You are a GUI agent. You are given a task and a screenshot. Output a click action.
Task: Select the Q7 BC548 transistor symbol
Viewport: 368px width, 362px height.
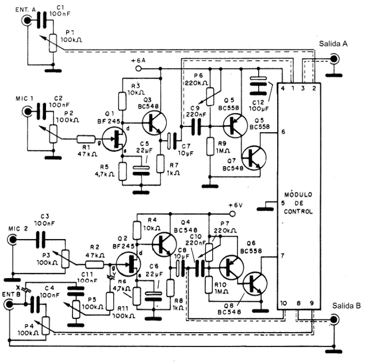[x=254, y=158]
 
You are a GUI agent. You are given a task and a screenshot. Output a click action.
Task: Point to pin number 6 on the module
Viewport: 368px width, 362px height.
[x=283, y=132]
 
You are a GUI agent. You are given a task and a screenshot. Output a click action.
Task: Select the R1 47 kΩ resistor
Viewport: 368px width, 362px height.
[x=86, y=138]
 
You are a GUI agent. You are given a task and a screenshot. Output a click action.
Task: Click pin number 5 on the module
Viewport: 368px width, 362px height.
[x=283, y=202]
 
